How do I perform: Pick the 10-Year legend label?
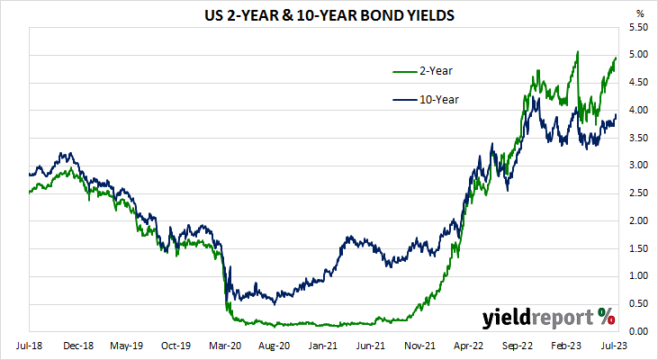438,99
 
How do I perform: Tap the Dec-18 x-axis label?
79,345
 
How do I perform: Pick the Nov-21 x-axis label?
419,345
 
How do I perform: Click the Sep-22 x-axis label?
517,345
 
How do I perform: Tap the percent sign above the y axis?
641,13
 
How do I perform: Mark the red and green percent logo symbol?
605,316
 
